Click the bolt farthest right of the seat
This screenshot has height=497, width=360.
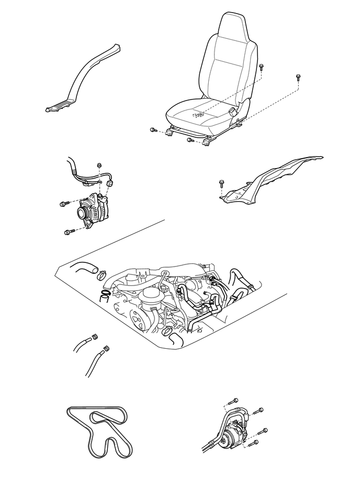pos(297,77)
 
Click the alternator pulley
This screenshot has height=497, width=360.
pos(83,213)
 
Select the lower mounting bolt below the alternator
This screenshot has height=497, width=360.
pos(67,231)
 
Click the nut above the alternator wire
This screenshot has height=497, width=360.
pos(99,166)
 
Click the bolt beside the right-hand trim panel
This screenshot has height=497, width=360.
pos(221,183)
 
